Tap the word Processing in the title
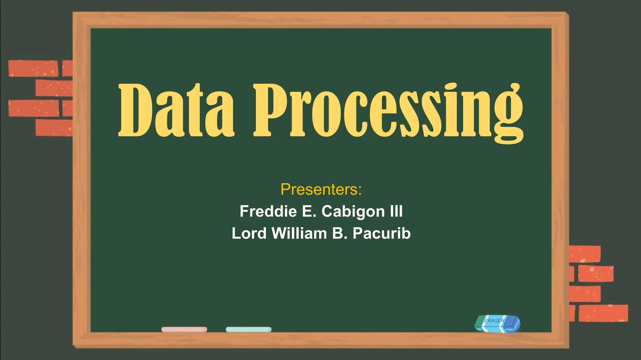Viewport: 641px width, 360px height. click(388, 111)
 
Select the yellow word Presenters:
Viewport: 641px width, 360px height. click(321, 189)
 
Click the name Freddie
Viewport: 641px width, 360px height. click(268, 211)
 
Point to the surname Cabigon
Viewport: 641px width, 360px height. click(353, 212)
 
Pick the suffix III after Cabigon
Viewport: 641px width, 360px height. click(396, 211)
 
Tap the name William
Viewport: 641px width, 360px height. click(299, 233)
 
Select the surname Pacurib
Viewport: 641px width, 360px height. click(382, 233)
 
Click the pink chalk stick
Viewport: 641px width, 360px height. click(184, 329)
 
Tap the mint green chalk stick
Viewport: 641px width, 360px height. click(249, 329)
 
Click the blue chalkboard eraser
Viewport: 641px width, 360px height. click(497, 323)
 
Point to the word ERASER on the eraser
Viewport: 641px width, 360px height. click(494, 321)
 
